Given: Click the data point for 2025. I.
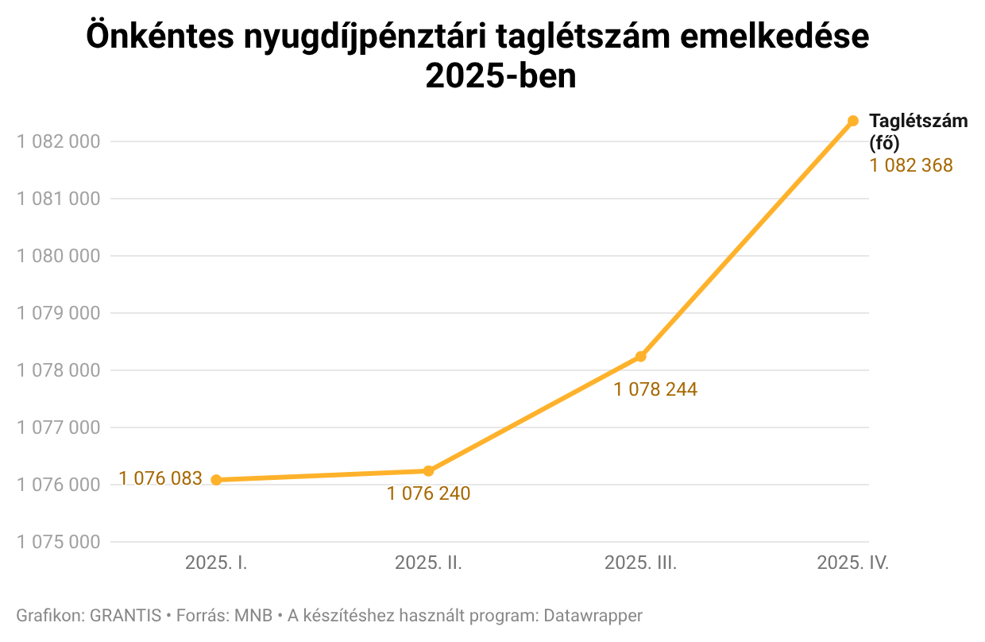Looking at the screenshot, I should [x=216, y=480].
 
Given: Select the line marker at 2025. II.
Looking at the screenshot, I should [x=429, y=471].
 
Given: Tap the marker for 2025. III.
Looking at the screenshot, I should [x=641, y=357].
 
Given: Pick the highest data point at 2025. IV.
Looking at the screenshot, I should [x=853, y=121].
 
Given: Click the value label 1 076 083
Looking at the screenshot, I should [x=160, y=478].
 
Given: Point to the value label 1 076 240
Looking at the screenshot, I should [x=428, y=493].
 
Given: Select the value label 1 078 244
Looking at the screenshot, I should [x=655, y=389].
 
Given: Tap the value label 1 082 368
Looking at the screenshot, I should [x=911, y=166].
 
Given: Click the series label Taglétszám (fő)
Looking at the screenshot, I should [x=918, y=132].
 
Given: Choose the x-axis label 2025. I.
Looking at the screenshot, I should [x=216, y=563].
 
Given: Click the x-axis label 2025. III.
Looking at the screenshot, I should [x=640, y=563].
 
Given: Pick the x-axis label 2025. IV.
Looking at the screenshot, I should [x=852, y=563].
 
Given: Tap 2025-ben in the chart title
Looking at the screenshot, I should [x=500, y=76].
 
